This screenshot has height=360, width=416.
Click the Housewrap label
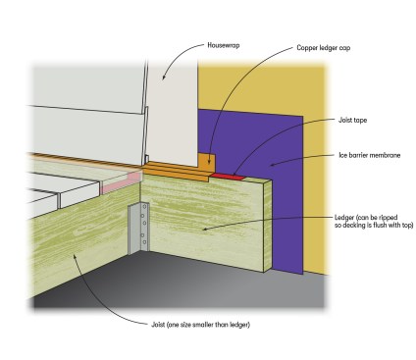click(x=224, y=45)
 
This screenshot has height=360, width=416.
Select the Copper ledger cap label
click(x=324, y=48)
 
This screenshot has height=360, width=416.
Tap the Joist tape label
click(x=352, y=120)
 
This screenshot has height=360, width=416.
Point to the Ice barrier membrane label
click(x=370, y=155)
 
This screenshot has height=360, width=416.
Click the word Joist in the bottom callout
click(x=158, y=325)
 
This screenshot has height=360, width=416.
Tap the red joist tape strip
click(x=228, y=177)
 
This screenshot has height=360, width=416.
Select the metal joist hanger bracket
click(x=139, y=228)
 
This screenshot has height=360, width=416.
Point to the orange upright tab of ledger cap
click(x=206, y=162)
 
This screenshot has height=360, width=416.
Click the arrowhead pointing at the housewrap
click(x=164, y=77)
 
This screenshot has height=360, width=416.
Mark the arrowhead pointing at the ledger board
click(x=205, y=229)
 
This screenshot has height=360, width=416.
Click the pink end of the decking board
click(x=121, y=183)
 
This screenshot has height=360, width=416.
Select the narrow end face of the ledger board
click(x=268, y=226)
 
